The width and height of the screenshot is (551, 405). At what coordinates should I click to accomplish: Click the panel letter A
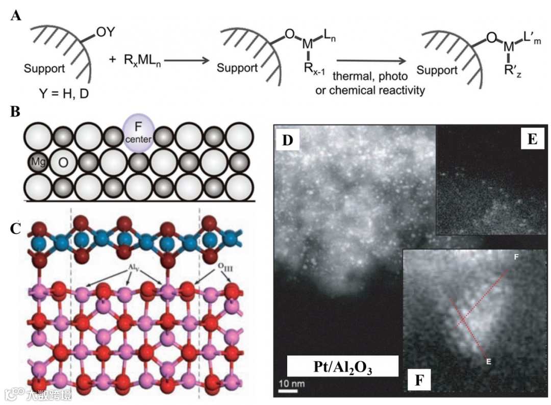point(16,15)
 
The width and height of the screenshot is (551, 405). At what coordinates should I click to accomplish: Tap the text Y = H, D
point(61,93)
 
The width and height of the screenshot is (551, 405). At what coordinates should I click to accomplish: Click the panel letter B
point(16,112)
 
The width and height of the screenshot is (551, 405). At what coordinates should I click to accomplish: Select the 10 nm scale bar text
point(287,383)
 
